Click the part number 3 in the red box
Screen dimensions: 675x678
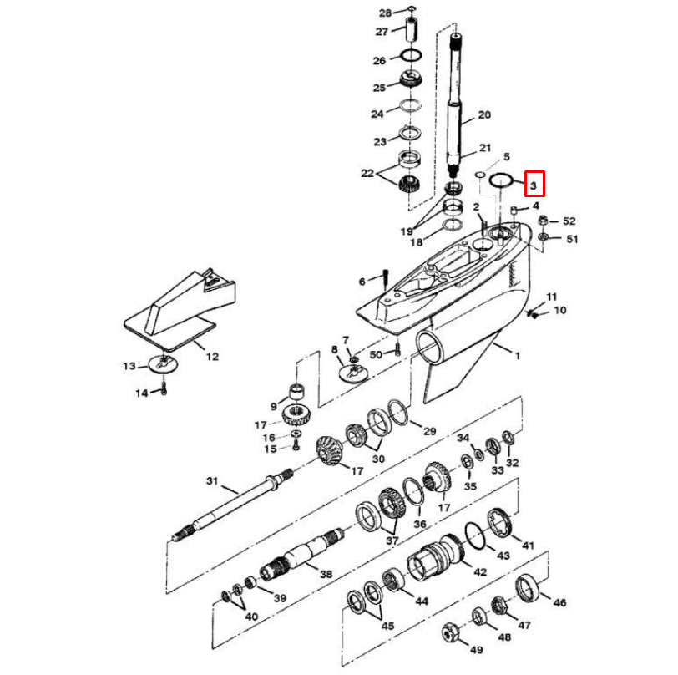click(533, 183)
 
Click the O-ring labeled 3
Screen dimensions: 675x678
click(501, 180)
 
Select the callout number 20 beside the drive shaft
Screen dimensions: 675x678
click(484, 114)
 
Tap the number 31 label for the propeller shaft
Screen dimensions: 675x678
click(211, 481)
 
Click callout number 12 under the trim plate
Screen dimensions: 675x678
click(212, 357)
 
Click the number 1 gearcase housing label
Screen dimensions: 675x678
click(517, 356)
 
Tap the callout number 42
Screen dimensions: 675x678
click(479, 573)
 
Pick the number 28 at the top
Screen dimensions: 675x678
click(384, 13)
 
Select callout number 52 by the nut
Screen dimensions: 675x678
click(569, 221)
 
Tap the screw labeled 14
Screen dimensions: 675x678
click(164, 386)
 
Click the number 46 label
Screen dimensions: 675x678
click(559, 602)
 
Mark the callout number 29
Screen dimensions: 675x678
click(429, 431)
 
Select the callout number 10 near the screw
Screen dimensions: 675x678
click(559, 311)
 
